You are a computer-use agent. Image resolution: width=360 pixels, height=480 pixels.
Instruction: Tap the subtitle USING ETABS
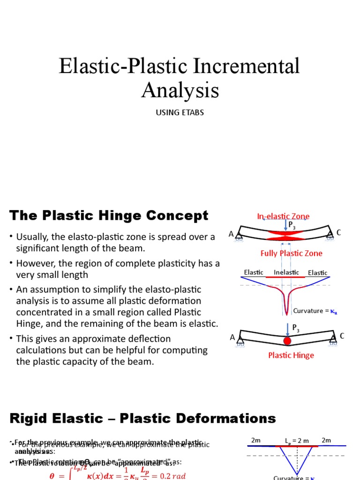coord(180,113)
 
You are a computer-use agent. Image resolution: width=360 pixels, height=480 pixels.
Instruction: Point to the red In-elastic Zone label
coord(283,216)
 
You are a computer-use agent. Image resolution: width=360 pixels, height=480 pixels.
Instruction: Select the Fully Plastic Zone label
coord(291,253)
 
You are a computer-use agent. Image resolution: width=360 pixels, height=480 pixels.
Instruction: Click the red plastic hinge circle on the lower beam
coord(287,341)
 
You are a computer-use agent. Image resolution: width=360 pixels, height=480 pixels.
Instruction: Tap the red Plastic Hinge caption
coord(291,355)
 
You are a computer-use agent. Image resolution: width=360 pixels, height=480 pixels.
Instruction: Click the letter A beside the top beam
coord(231,234)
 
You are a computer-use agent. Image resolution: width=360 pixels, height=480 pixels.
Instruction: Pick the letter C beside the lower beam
coord(342,336)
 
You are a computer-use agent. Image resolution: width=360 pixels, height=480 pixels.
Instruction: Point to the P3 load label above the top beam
coord(292,225)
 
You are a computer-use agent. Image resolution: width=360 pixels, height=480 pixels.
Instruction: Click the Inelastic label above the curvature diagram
coord(286,272)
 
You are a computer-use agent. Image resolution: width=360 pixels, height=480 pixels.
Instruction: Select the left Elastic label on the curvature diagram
coord(254,272)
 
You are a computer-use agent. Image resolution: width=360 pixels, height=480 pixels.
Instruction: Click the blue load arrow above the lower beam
coord(287,329)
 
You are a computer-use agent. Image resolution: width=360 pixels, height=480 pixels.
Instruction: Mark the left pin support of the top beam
coord(240,237)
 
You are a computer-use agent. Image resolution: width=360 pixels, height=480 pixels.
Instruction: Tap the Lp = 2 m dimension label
coord(297,441)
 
